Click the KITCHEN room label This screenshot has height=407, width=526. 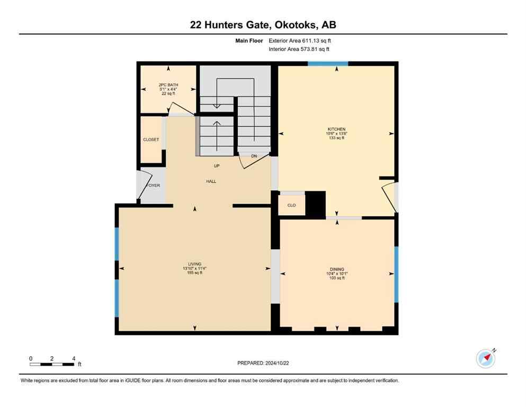click(336, 129)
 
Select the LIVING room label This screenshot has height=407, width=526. click(195, 264)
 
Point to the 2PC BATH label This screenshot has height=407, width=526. click(168, 85)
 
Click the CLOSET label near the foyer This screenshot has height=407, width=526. click(151, 140)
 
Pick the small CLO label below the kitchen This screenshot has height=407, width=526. click(291, 205)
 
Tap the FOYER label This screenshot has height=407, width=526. click(153, 185)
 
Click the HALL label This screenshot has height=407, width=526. click(211, 181)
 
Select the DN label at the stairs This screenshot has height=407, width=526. click(254, 156)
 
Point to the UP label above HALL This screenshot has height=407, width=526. click(216, 166)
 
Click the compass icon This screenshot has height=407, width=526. click(485, 359)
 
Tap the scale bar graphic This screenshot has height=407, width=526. click(52, 364)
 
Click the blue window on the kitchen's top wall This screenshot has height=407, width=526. click(328, 64)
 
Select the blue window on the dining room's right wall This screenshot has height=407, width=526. click(396, 274)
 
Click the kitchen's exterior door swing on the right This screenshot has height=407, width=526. click(389, 196)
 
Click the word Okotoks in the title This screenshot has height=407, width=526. click(292, 24)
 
